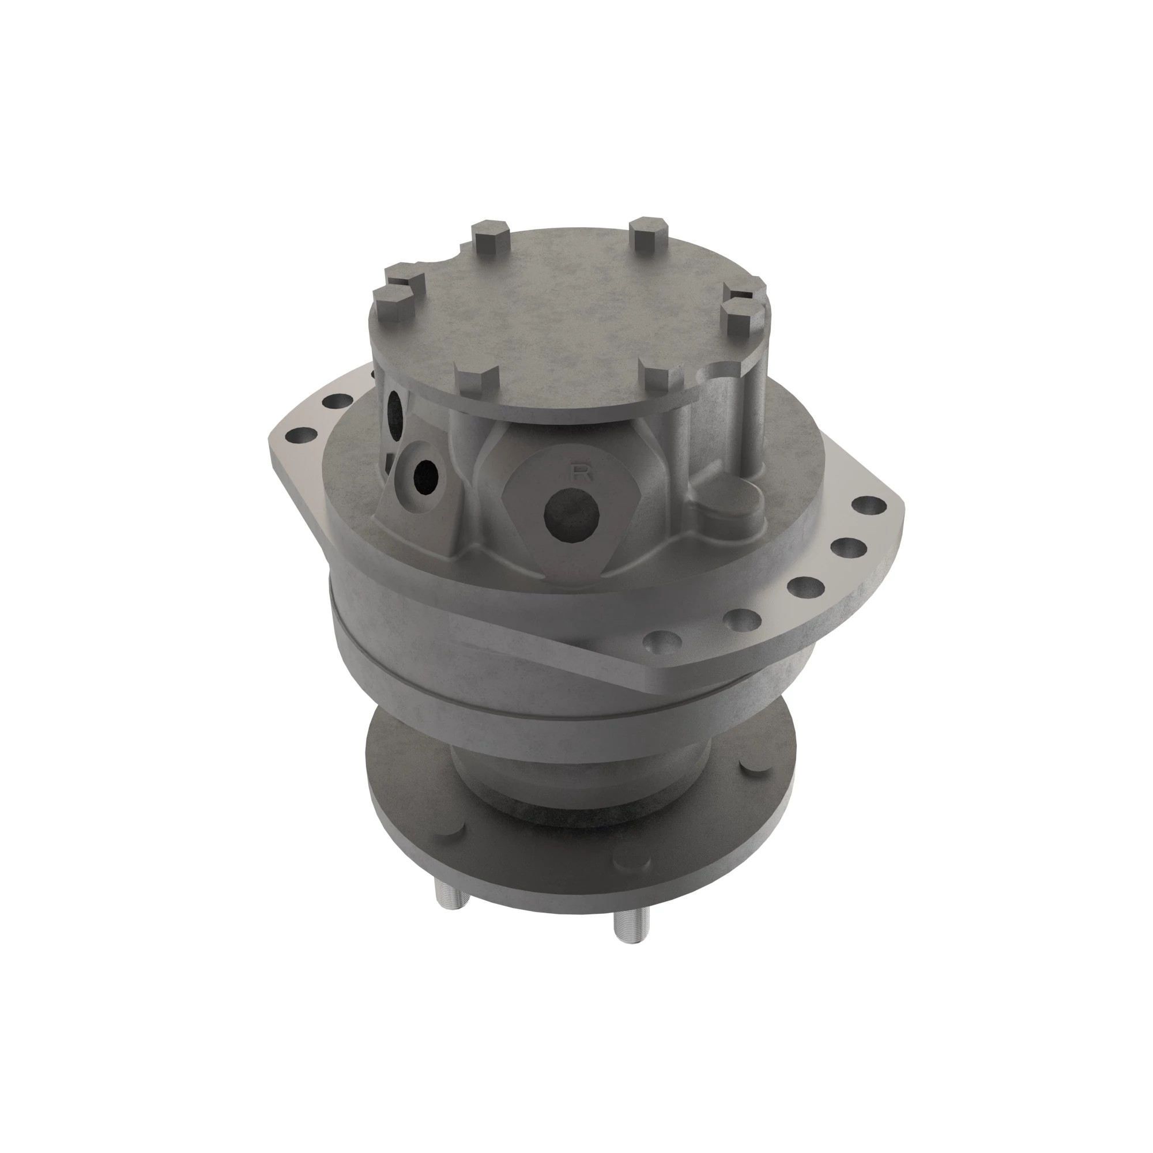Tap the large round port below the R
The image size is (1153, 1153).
point(572,515)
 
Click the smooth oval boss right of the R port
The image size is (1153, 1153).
point(733,496)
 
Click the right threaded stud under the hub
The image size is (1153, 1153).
point(628,934)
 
